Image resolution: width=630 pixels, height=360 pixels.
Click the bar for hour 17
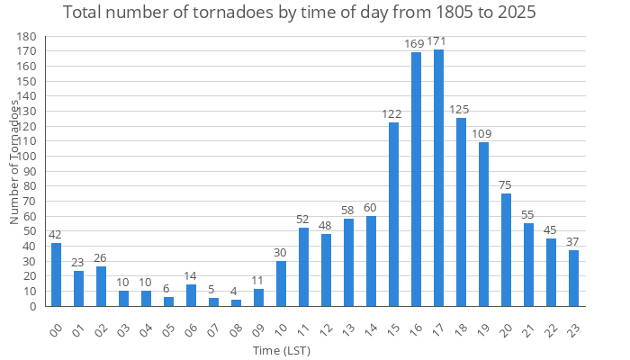click(438, 178)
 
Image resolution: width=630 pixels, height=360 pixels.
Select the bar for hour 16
click(416, 180)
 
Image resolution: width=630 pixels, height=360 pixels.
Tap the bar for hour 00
click(56, 274)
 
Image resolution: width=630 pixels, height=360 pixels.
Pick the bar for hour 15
click(393, 214)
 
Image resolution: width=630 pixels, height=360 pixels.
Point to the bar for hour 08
click(236, 303)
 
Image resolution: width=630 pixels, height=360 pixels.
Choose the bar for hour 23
click(573, 278)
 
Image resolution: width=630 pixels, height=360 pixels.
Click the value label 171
click(438, 41)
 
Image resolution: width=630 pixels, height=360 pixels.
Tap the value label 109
click(483, 134)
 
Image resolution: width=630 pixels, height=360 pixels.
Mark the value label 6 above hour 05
click(168, 288)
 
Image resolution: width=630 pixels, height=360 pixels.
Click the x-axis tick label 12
click(325, 328)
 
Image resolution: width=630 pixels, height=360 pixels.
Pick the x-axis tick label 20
click(505, 328)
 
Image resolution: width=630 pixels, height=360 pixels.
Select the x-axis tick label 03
click(122, 328)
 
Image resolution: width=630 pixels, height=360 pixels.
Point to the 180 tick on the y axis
click(28, 37)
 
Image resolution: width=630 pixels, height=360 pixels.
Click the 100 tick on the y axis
click(28, 157)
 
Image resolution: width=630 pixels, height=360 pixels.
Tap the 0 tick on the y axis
click(33, 306)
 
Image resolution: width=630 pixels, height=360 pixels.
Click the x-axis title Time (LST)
click(282, 349)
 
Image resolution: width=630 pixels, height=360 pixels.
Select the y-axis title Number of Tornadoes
click(15, 162)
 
